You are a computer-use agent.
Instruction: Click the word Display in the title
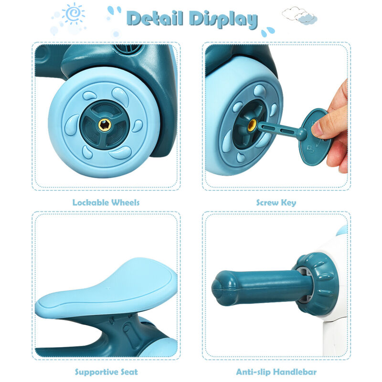click(x=224, y=19)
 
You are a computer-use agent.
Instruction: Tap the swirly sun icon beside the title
click(x=73, y=13)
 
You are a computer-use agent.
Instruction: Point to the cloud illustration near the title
click(x=299, y=16)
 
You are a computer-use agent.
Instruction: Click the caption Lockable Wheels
click(x=106, y=202)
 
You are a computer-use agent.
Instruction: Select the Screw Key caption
click(x=276, y=202)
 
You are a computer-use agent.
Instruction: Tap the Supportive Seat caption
click(x=106, y=372)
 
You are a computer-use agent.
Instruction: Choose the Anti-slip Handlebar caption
click(x=276, y=372)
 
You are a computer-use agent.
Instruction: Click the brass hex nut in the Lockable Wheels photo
click(x=105, y=125)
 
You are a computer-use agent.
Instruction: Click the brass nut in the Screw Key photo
click(x=252, y=125)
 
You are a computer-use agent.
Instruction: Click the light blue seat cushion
click(x=106, y=289)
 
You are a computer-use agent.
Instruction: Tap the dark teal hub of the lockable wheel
click(x=105, y=125)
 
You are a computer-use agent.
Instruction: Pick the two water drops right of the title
click(x=268, y=32)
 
